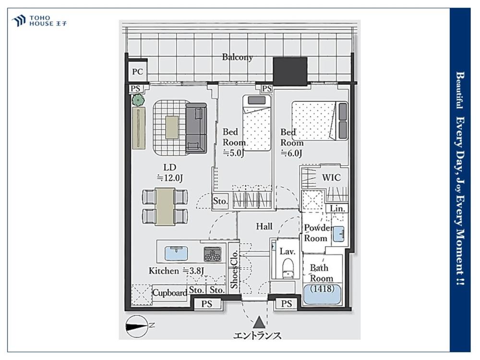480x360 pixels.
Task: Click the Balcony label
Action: (x=237, y=57)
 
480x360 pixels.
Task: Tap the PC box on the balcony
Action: (x=137, y=72)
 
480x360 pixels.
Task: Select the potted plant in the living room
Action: (x=138, y=100)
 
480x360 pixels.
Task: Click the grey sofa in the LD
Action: (x=196, y=128)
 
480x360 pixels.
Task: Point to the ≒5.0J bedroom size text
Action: (x=233, y=153)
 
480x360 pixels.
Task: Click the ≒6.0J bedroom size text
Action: (x=291, y=153)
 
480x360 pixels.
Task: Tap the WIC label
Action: (x=331, y=178)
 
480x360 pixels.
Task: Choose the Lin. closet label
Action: (x=337, y=209)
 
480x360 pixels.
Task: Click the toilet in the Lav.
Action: (x=288, y=268)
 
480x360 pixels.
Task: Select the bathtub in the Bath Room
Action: (x=322, y=294)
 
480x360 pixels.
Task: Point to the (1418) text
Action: (x=322, y=288)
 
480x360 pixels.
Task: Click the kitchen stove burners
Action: (x=213, y=254)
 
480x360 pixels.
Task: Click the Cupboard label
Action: (x=169, y=293)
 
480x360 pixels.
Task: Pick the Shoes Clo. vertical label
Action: (x=234, y=269)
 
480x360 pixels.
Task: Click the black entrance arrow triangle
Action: (x=259, y=323)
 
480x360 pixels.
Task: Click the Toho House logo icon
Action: (x=19, y=21)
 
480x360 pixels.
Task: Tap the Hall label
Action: (x=264, y=227)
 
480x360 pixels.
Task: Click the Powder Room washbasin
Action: (x=338, y=234)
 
